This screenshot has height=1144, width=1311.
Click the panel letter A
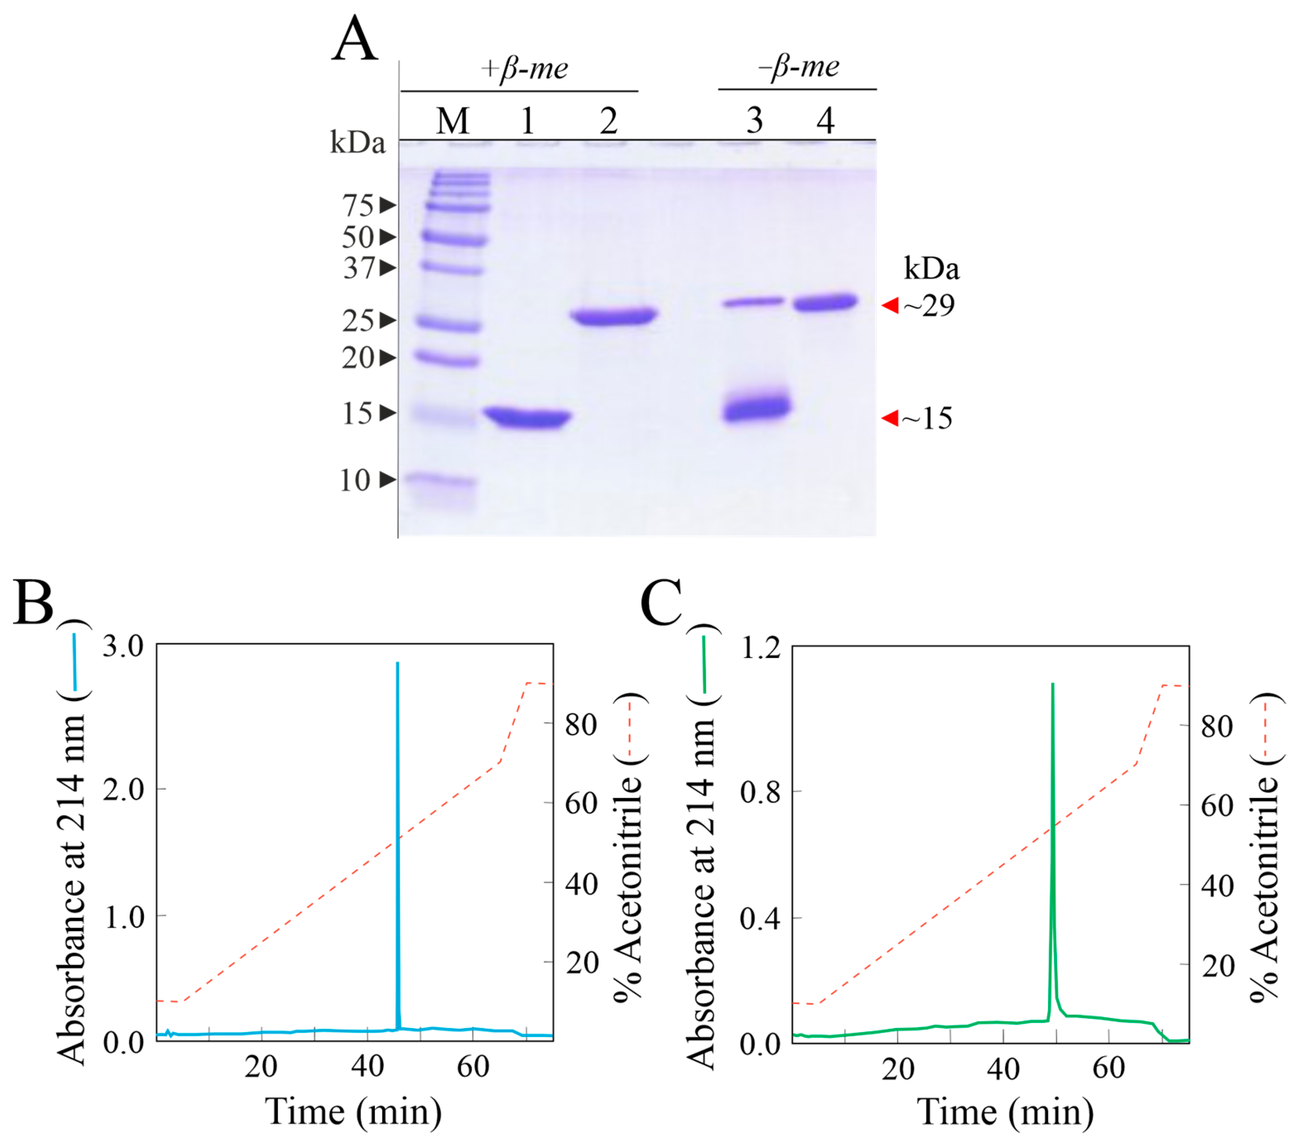(355, 40)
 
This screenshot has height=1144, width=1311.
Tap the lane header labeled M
(453, 121)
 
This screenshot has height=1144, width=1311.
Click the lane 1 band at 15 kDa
(527, 418)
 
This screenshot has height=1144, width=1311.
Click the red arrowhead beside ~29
(890, 306)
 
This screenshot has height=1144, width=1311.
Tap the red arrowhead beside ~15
(890, 418)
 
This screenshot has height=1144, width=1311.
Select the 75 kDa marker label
(358, 205)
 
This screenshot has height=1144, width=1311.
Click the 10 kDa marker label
(355, 480)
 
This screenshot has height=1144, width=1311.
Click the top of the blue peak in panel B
(398, 664)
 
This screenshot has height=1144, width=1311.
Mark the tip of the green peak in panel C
(1052, 684)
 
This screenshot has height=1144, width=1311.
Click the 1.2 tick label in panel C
(761, 647)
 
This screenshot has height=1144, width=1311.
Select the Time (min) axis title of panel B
(353, 1111)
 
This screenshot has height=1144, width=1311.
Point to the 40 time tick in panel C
(1003, 1068)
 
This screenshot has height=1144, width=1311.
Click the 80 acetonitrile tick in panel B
(580, 724)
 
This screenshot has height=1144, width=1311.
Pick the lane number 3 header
(755, 121)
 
